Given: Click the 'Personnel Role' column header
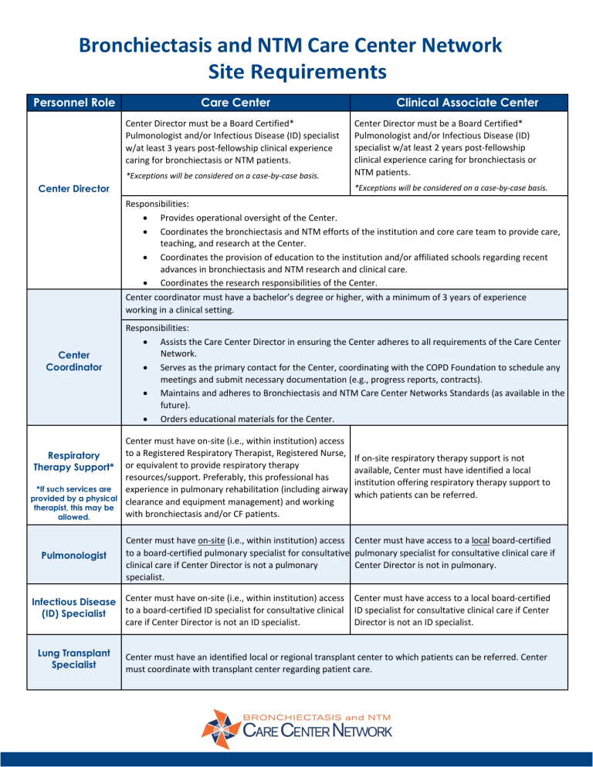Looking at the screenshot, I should [x=71, y=103].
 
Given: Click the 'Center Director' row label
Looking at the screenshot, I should [x=71, y=188].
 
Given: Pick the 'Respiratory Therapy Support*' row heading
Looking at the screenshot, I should [x=71, y=461].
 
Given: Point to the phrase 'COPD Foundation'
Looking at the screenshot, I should [x=446, y=368].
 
